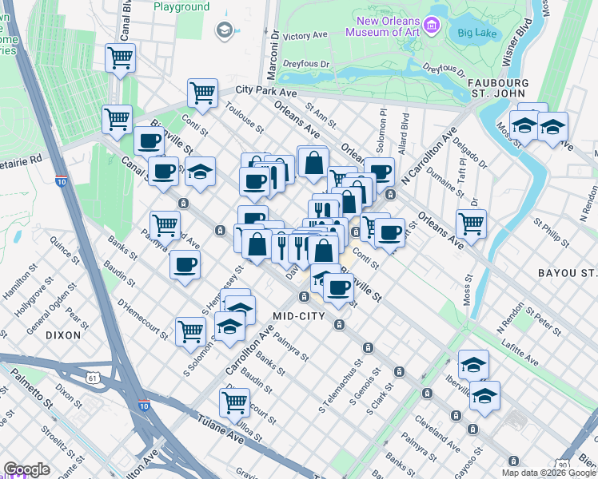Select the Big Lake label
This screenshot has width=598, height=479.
[472, 34]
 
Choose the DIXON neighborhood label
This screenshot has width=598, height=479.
[63, 335]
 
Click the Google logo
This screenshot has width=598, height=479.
[27, 469]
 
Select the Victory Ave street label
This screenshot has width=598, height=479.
[306, 36]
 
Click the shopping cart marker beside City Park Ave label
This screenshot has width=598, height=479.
[203, 93]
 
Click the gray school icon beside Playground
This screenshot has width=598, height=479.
[224, 30]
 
